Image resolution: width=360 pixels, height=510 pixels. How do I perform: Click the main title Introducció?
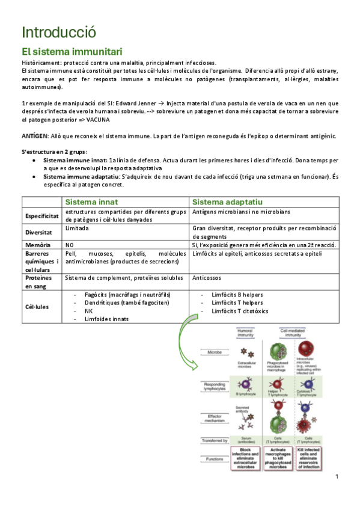pyautogui.click(x=58, y=32)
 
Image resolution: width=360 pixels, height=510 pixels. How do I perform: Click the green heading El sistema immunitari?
pyautogui.click(x=72, y=52)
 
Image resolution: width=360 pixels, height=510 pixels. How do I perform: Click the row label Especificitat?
pyautogui.click(x=41, y=215)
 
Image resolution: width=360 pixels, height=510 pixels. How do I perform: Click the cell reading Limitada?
pyautogui.click(x=78, y=229)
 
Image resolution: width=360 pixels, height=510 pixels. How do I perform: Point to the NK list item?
pyautogui.click(x=88, y=311)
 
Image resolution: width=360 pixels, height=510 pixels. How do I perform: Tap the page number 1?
pyautogui.click(x=337, y=476)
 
